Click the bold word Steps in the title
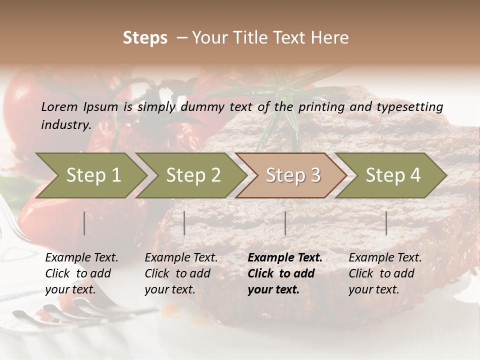145,38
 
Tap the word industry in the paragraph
65,124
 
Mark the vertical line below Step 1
84,223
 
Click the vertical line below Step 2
184,223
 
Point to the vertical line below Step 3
285,223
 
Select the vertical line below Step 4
386,223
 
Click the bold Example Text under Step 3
285,258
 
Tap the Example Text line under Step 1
81,258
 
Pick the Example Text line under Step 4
385,258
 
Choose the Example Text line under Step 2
181,258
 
